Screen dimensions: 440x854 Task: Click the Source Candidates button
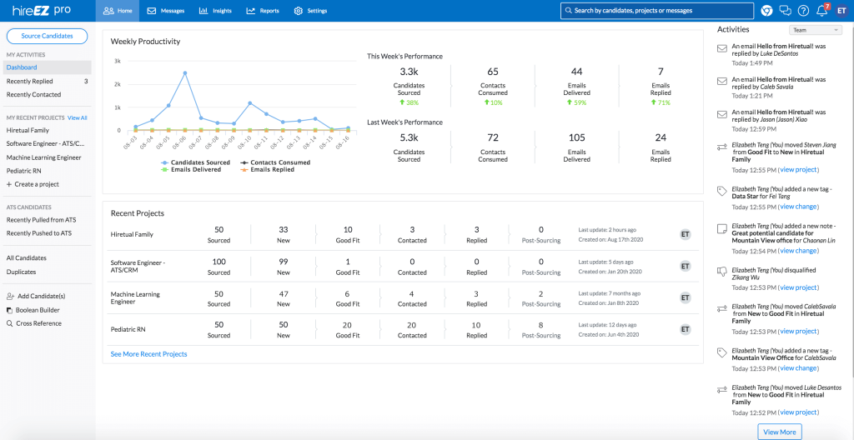pyautogui.click(x=48, y=36)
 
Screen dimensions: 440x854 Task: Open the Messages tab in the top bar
pyautogui.click(x=166, y=11)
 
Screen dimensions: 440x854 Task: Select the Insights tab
pyautogui.click(x=216, y=11)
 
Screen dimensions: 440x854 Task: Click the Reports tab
pyautogui.click(x=263, y=11)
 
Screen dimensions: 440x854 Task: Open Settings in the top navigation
pyautogui.click(x=311, y=11)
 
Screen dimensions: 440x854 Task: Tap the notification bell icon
pyautogui.click(x=821, y=11)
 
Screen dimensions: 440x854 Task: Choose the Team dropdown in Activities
pyautogui.click(x=815, y=30)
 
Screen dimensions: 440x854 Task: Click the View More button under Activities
pyautogui.click(x=780, y=432)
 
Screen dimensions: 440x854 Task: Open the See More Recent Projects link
pyautogui.click(x=148, y=354)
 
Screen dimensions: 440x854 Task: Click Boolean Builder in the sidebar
pyautogui.click(x=38, y=310)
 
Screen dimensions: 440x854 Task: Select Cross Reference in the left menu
pyautogui.click(x=38, y=323)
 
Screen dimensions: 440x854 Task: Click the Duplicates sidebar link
pyautogui.click(x=21, y=272)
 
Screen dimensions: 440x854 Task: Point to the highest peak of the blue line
pyautogui.click(x=184, y=72)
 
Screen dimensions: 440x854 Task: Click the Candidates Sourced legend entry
pyautogui.click(x=196, y=162)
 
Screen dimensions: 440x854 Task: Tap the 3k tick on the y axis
pyautogui.click(x=118, y=62)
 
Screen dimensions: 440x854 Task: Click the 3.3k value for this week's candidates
pyautogui.click(x=409, y=72)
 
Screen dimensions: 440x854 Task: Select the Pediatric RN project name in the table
pyautogui.click(x=128, y=329)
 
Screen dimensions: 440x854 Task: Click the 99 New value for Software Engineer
pyautogui.click(x=284, y=262)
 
